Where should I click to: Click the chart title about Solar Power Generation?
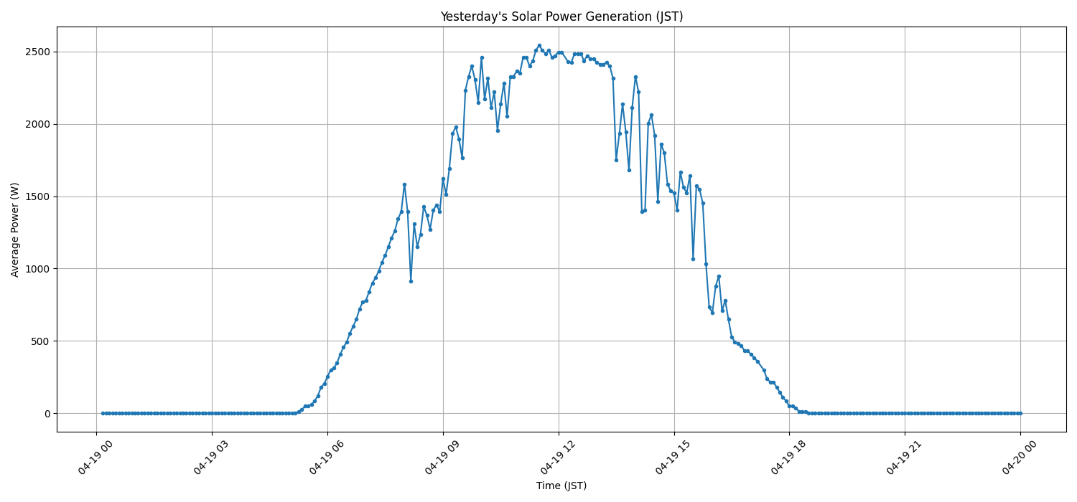pos(561,16)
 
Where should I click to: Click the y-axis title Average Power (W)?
pos(15,229)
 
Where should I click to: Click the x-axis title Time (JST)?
pos(561,486)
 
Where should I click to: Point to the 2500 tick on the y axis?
pos(38,52)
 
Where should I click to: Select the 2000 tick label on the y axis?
pos(38,124)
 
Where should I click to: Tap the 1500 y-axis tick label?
pos(38,196)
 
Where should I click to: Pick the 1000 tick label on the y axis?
pos(38,269)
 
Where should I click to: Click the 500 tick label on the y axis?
pos(41,341)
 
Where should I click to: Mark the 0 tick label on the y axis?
pos(47,414)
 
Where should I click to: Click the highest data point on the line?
pos(539,45)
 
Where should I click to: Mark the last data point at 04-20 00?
pos(1020,413)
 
